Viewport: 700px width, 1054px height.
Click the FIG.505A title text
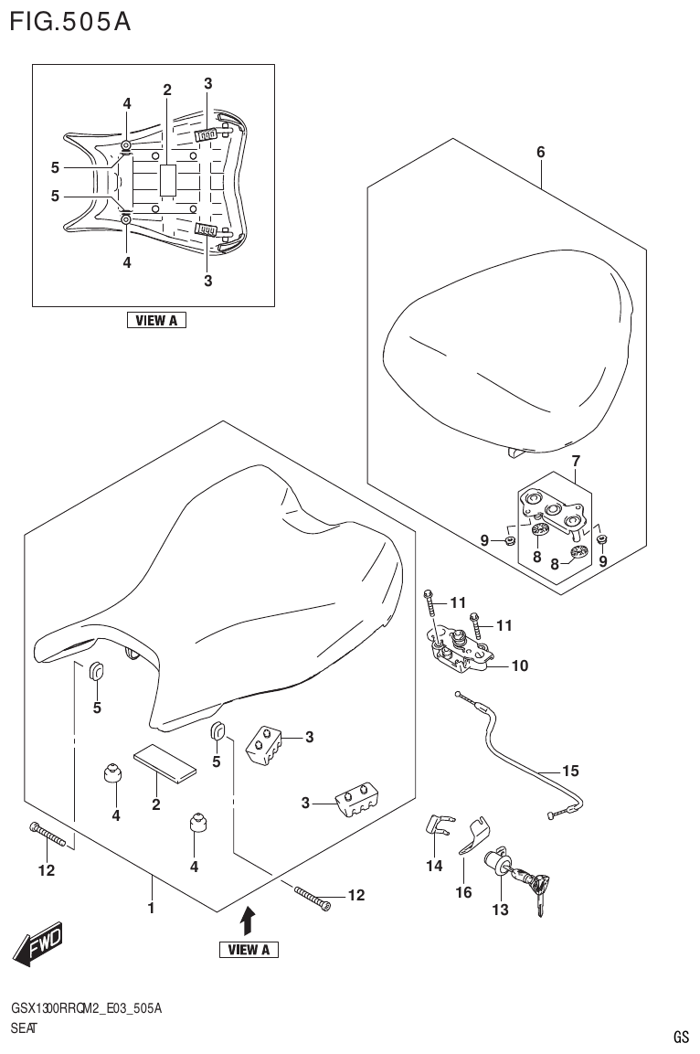tap(69, 21)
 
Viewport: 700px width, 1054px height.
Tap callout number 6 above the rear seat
tap(540, 153)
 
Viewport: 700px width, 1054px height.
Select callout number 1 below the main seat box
tap(151, 908)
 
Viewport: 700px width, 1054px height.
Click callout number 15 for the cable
tap(570, 771)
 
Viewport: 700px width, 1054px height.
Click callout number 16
tap(463, 892)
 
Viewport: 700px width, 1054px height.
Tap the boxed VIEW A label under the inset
tap(156, 320)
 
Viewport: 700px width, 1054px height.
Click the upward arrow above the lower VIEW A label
tap(248, 917)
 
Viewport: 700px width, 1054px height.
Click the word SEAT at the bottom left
tap(24, 1027)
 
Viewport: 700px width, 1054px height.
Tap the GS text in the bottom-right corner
tap(681, 1038)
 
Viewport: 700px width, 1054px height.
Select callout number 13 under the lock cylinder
tap(500, 909)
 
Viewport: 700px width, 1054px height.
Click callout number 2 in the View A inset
tap(167, 90)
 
